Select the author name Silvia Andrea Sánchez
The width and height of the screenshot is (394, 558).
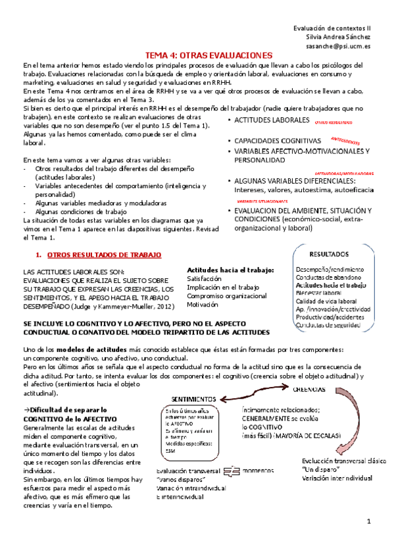tap(338, 38)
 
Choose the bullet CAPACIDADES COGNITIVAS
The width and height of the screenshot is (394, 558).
tap(278, 141)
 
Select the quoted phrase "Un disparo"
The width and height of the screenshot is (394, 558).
tap(319, 470)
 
